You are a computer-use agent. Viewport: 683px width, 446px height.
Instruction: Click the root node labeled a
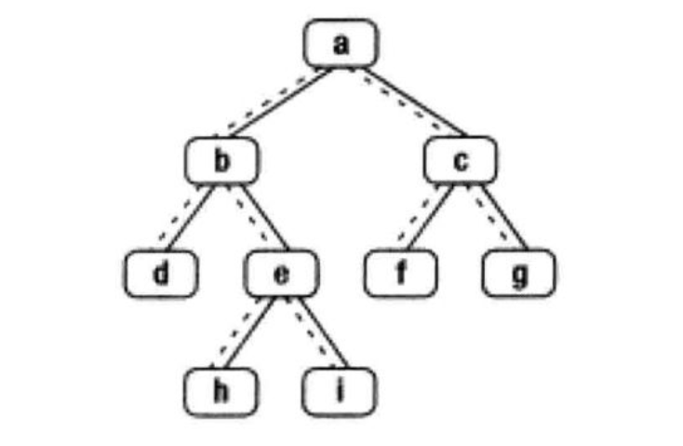pyautogui.click(x=341, y=43)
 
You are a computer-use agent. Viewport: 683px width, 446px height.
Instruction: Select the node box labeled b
pyautogui.click(x=221, y=161)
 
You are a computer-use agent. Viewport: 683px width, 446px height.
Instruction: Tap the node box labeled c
pyautogui.click(x=461, y=161)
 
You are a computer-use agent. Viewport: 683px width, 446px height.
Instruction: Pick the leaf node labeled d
pyautogui.click(x=162, y=274)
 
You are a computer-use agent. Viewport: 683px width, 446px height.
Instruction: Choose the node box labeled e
pyautogui.click(x=283, y=274)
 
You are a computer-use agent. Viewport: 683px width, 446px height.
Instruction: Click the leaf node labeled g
pyautogui.click(x=519, y=274)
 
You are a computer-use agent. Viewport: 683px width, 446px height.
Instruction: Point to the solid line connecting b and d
pyautogui.click(x=193, y=218)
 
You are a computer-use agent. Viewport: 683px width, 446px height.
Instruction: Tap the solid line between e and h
pyautogui.click(x=249, y=332)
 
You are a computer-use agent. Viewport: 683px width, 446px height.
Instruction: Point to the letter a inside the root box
pyautogui.click(x=341, y=43)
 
